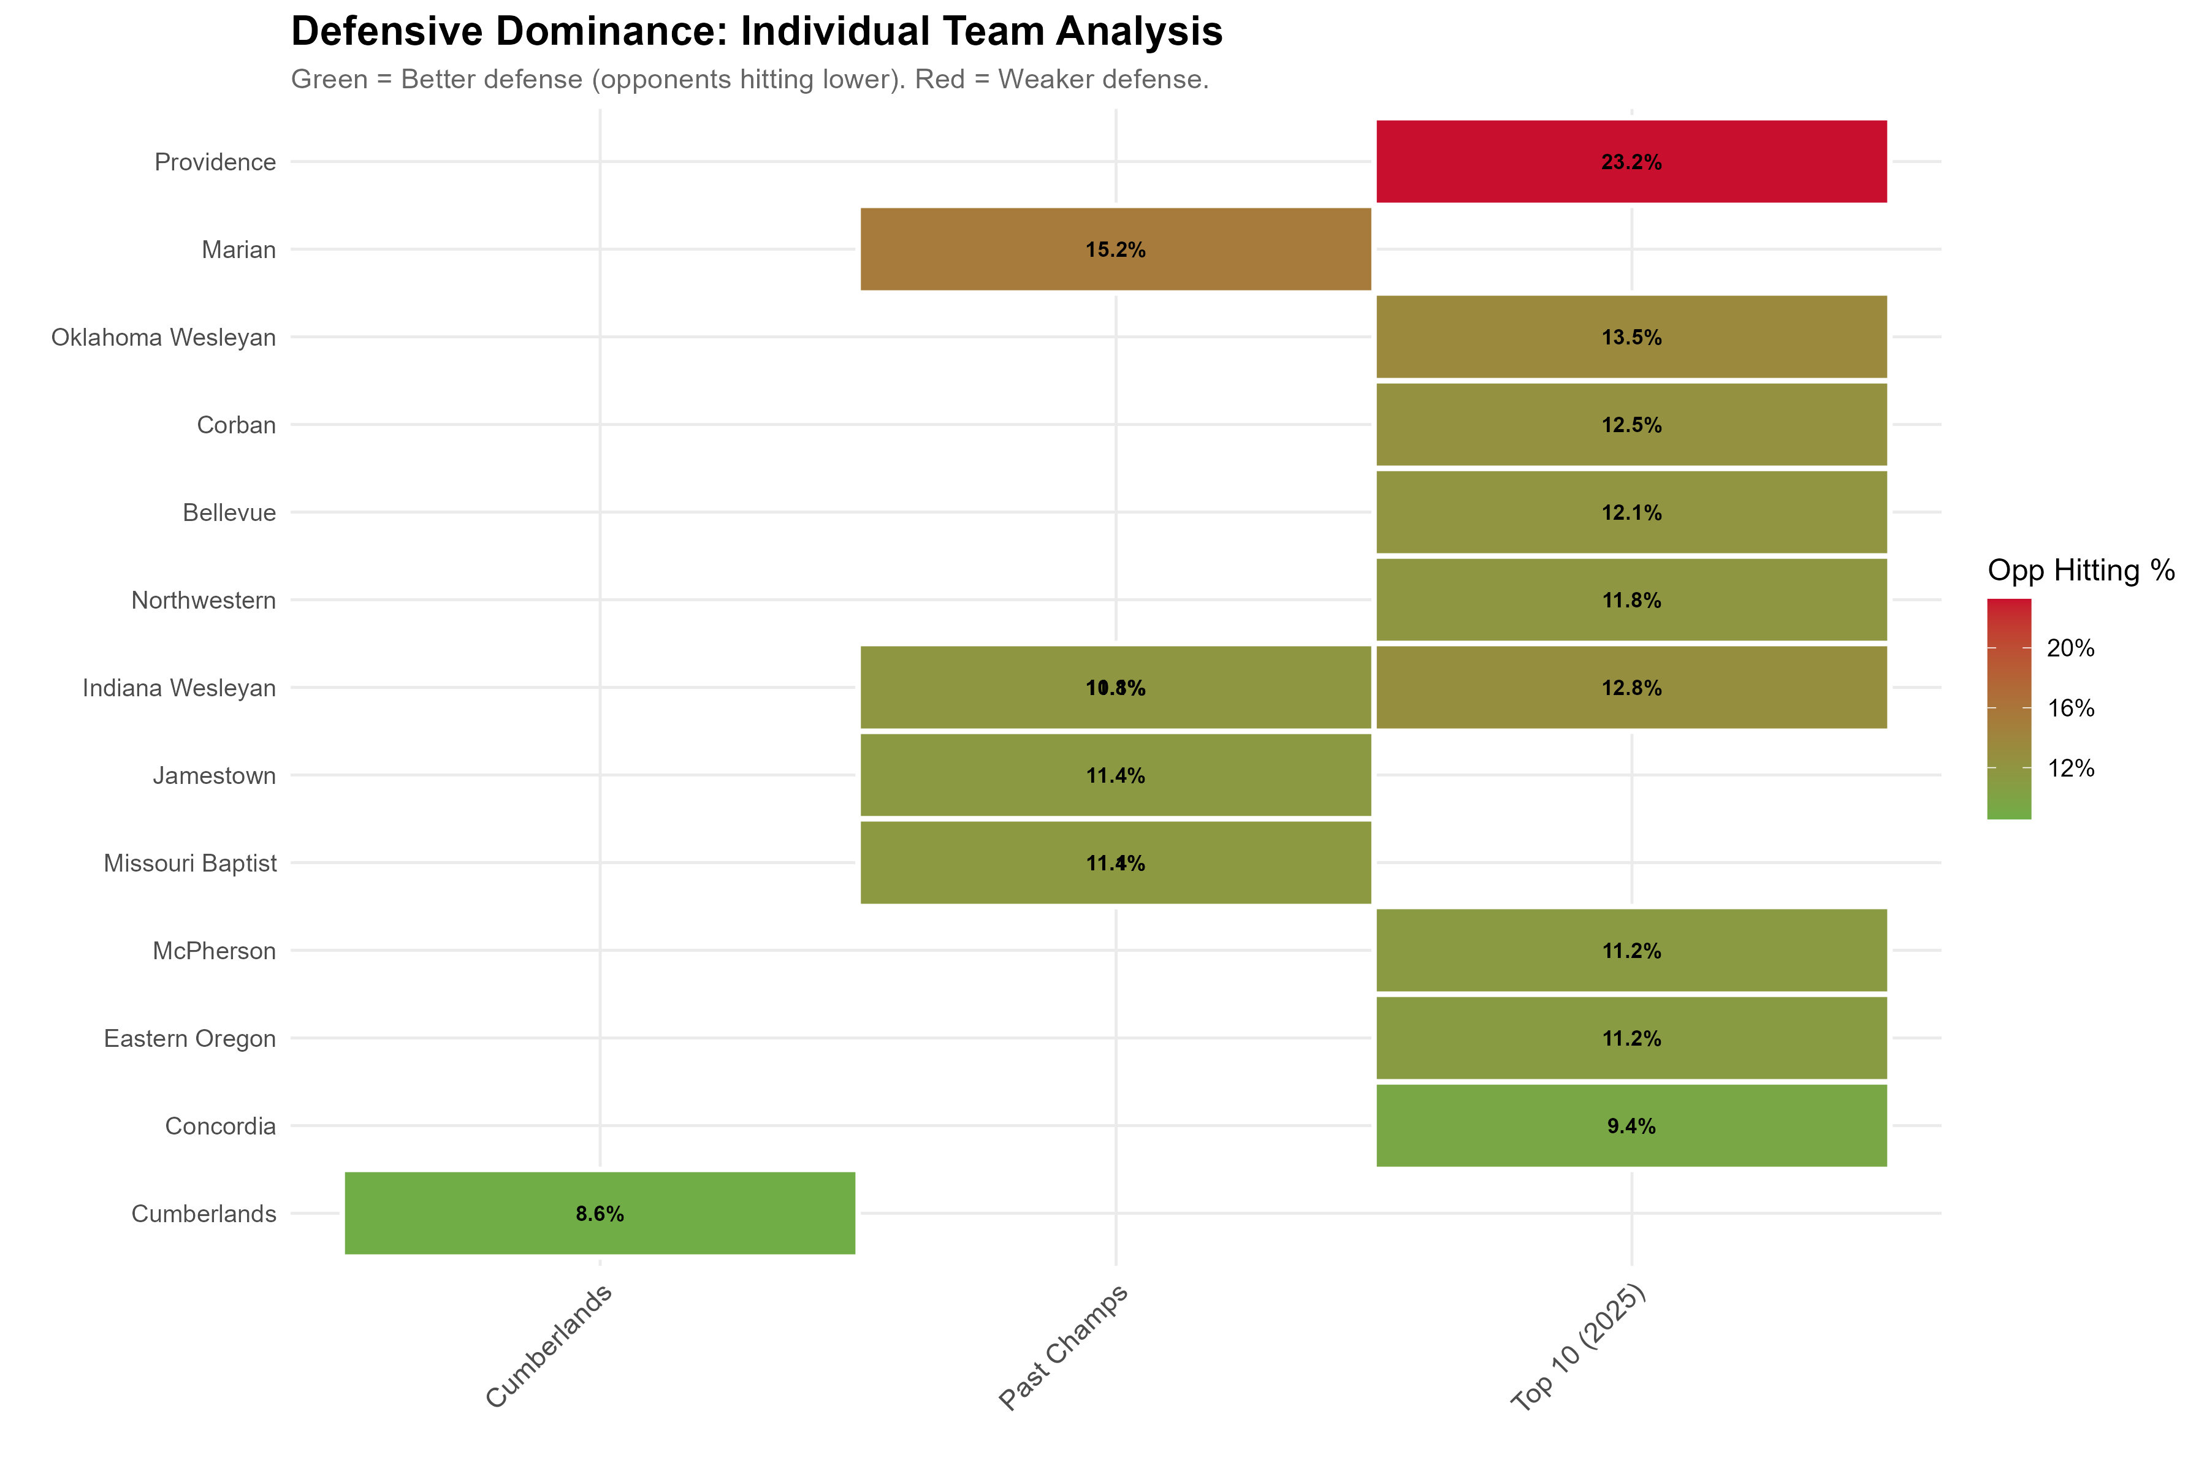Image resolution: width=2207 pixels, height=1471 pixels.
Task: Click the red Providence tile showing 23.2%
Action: [x=1631, y=161]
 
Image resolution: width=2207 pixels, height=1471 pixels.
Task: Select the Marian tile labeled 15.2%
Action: [x=1115, y=249]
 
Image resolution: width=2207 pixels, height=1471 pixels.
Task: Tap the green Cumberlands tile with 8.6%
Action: [x=600, y=1213]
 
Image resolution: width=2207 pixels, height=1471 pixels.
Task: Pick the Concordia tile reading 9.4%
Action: [x=1631, y=1126]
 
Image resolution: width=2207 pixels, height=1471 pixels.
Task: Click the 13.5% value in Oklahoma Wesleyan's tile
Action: [x=1631, y=336]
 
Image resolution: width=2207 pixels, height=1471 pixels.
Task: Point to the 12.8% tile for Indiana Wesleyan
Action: [x=1631, y=688]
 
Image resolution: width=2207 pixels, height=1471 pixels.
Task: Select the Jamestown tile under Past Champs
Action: [x=1115, y=775]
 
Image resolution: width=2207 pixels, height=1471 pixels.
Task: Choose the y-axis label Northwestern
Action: [x=203, y=601]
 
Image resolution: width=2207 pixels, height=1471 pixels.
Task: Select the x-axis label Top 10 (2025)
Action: [x=1578, y=1347]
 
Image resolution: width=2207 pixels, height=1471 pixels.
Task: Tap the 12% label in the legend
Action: [x=2070, y=769]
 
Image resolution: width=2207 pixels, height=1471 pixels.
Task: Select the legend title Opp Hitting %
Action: [x=2080, y=571]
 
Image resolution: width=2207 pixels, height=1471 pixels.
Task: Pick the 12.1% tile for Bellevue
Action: [x=1631, y=512]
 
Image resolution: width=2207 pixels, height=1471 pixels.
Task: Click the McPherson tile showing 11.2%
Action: [x=1631, y=951]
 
